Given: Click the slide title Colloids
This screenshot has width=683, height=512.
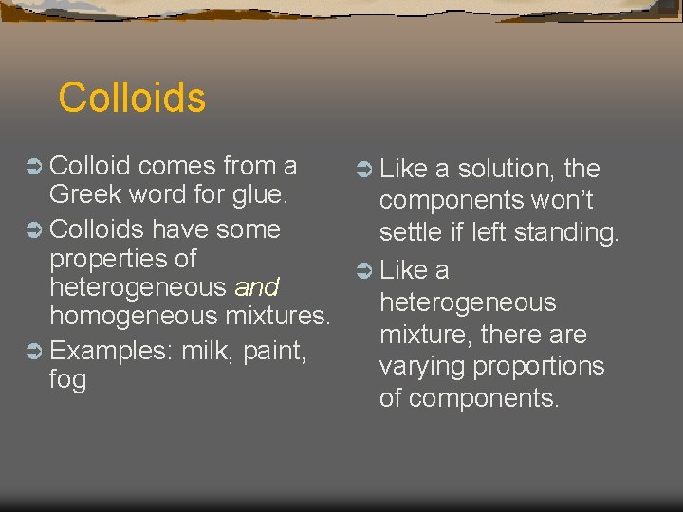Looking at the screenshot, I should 132,98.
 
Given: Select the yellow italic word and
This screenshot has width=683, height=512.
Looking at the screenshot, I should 256,286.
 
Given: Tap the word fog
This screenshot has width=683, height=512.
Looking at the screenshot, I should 67,380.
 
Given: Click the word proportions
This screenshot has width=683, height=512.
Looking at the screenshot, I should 545,367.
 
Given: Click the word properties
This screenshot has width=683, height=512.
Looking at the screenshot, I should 122,259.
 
